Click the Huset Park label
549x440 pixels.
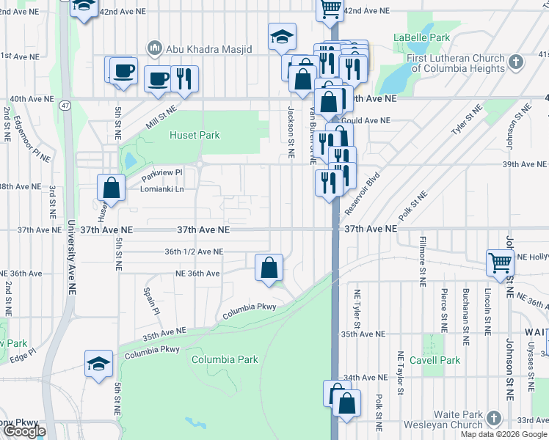(x=194, y=135)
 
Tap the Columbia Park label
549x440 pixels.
(x=225, y=359)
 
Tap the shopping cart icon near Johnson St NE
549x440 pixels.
(x=500, y=262)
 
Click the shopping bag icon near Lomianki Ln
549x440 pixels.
(x=111, y=186)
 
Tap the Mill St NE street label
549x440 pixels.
(x=161, y=117)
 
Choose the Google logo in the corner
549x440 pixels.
(x=24, y=431)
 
